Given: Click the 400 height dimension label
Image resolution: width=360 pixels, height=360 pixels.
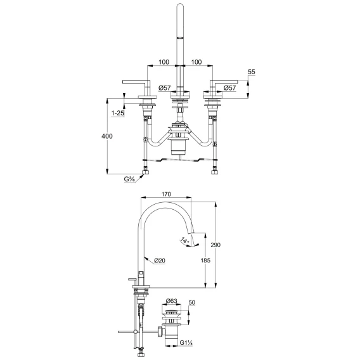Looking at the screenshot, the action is (x=107, y=136).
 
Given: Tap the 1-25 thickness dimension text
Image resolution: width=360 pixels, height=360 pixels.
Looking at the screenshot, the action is (x=117, y=113).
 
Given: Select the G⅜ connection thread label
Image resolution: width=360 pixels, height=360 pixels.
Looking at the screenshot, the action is (x=129, y=179).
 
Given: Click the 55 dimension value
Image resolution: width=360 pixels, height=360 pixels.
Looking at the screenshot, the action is (x=252, y=72).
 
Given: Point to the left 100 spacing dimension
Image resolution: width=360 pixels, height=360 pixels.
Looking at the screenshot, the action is (x=164, y=62).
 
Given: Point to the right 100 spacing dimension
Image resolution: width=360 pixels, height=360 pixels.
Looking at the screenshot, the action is (x=196, y=62).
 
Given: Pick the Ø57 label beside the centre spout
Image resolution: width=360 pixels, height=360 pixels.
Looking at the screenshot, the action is (x=165, y=87).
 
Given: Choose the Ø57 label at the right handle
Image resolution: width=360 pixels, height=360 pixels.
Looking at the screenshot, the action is (x=229, y=87).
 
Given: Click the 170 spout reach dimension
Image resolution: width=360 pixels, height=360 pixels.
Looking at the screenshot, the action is (x=166, y=194).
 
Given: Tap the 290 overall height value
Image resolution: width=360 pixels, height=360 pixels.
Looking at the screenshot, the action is (x=215, y=245).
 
